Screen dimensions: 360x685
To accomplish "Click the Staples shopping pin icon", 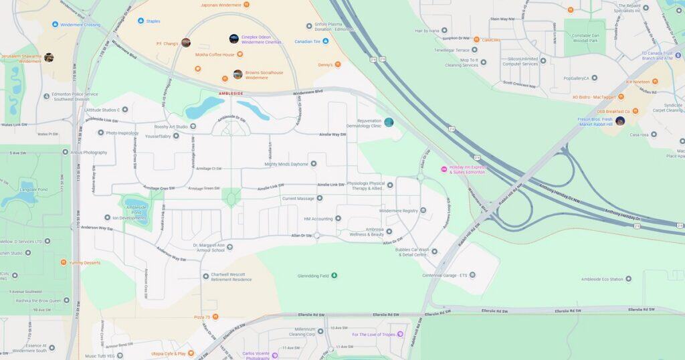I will [x=140, y=21].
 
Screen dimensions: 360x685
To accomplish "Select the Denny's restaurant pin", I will [x=338, y=64].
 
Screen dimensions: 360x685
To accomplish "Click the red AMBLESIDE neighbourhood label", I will [x=231, y=94].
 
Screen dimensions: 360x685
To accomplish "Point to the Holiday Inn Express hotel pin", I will [x=444, y=169].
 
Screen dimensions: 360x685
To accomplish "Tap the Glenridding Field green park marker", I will [x=334, y=275].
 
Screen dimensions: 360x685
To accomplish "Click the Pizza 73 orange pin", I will [x=215, y=317].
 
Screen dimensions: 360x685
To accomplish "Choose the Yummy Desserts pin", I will [x=64, y=262].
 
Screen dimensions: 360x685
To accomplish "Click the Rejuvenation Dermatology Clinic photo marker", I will [x=389, y=122].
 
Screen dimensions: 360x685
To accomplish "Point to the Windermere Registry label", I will [x=399, y=211].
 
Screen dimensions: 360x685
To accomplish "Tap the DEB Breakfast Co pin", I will [x=635, y=111].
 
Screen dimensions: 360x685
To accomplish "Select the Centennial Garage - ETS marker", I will [x=472, y=275].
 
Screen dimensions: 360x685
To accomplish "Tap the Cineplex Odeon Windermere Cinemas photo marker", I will [x=233, y=39].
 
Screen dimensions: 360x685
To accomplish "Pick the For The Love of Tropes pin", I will [x=400, y=334].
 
